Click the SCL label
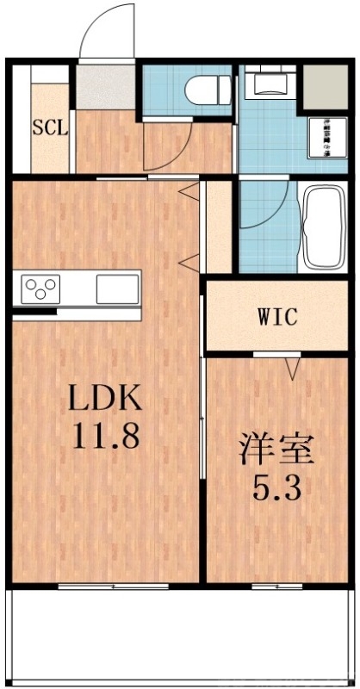click(x=51, y=129)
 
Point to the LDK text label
click(x=104, y=399)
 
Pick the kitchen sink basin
click(x=117, y=288)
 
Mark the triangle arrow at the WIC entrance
click(x=293, y=369)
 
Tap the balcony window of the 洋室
click(x=276, y=586)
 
